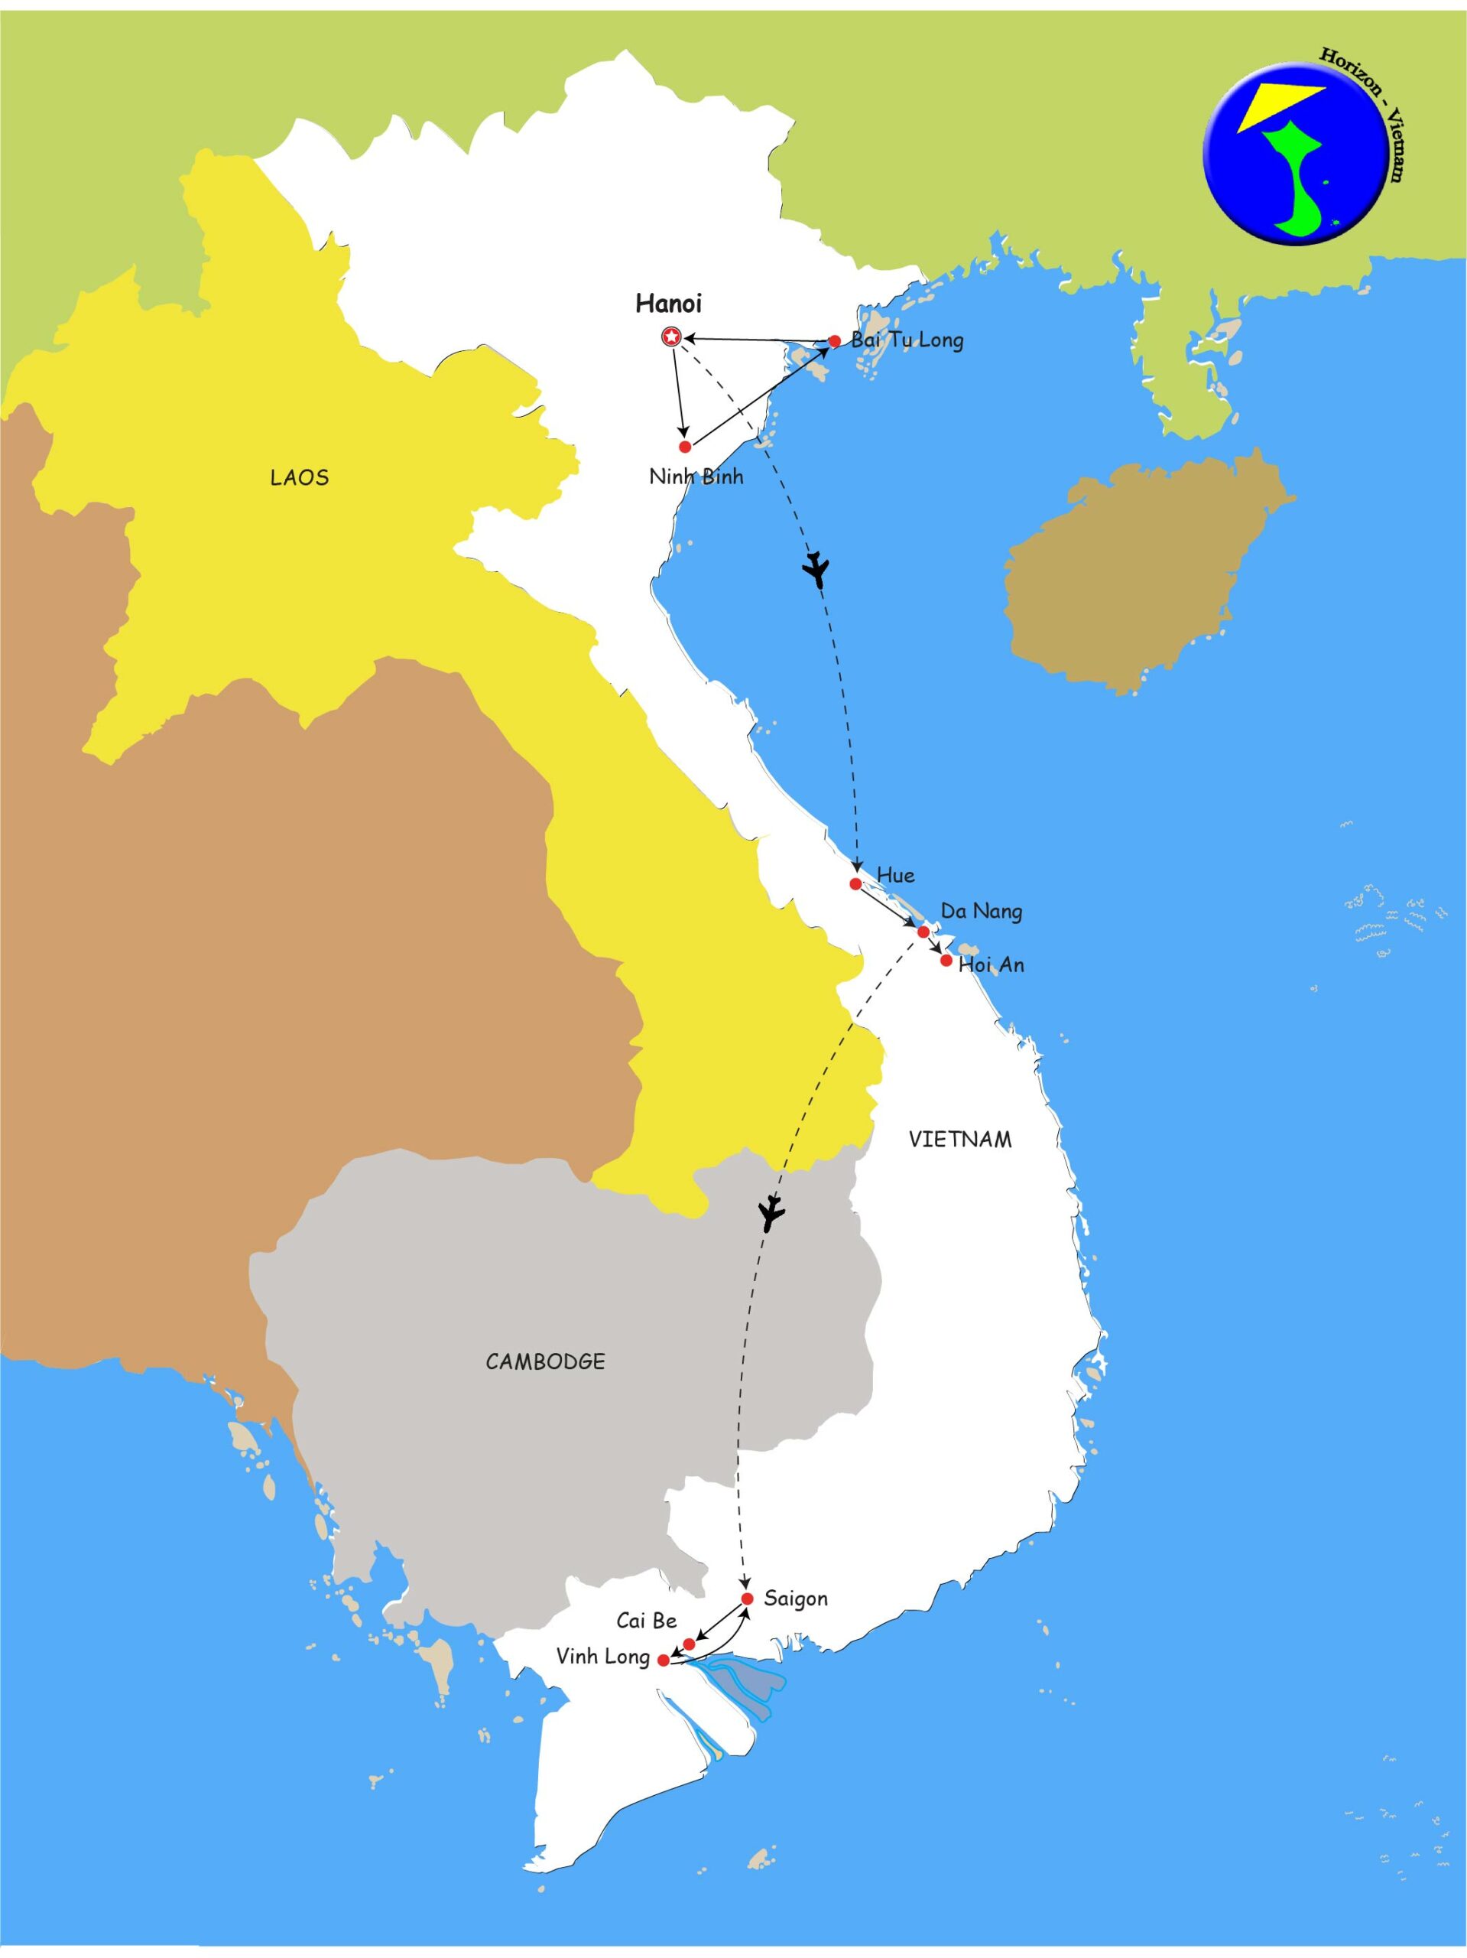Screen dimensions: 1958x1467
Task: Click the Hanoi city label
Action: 668,304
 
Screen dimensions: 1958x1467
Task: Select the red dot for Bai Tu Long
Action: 833,341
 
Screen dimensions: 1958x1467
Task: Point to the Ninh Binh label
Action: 696,477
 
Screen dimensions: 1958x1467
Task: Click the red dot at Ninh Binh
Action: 685,446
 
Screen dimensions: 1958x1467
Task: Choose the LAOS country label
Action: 299,478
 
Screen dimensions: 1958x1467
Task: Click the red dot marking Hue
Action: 855,883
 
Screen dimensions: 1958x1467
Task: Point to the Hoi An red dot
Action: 946,961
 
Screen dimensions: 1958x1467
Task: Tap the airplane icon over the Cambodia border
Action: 771,1216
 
